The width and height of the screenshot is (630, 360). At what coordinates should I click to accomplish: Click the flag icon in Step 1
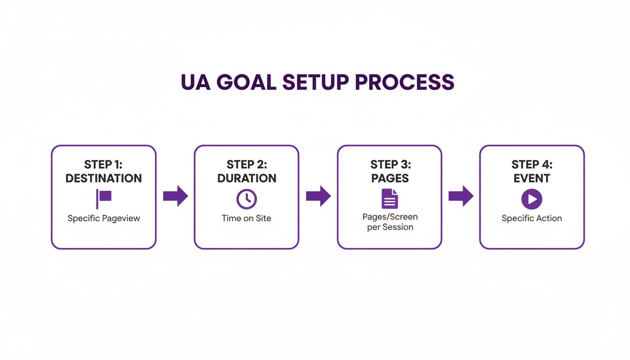[x=104, y=198]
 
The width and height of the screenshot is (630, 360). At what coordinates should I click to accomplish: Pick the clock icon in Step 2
[x=247, y=199]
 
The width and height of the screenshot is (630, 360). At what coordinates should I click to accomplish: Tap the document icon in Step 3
[x=390, y=199]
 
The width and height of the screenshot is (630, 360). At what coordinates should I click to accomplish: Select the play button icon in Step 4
[x=532, y=199]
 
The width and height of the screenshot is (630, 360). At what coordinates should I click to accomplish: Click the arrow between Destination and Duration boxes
[x=175, y=196]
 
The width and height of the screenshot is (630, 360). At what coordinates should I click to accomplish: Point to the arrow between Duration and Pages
[x=318, y=196]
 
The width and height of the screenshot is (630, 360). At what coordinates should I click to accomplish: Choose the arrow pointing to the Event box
[x=461, y=196]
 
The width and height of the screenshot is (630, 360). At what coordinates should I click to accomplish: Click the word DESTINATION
[x=104, y=179]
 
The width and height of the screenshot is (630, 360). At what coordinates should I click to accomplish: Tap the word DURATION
[x=247, y=179]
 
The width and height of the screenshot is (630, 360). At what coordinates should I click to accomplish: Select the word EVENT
[x=532, y=179]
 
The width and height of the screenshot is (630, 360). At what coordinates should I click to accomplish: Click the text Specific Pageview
[x=104, y=218]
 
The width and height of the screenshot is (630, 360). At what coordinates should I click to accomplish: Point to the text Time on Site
[x=247, y=218]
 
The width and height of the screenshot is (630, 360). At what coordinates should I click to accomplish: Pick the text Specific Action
[x=532, y=218]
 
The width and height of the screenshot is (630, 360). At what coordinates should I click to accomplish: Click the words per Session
[x=390, y=227]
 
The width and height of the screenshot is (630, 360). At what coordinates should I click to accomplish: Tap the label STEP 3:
[x=390, y=165]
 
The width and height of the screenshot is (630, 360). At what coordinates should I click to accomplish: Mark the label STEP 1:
[x=104, y=165]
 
